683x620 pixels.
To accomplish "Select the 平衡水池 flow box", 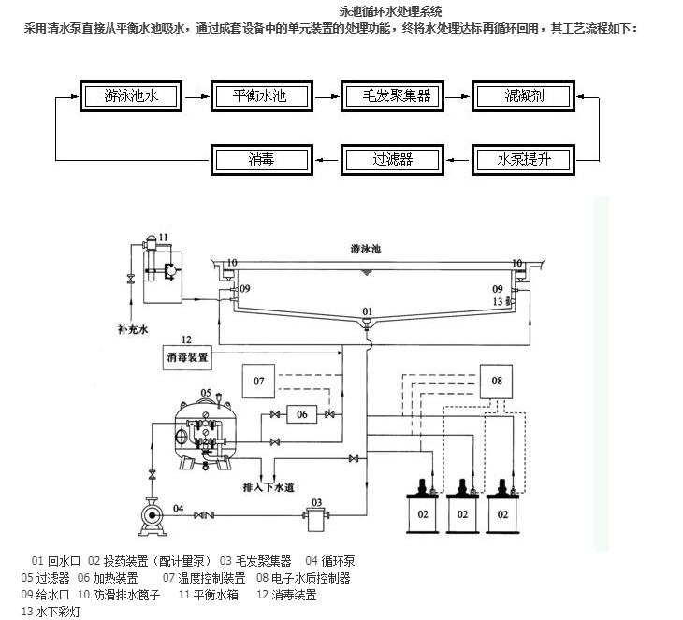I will click(259, 94).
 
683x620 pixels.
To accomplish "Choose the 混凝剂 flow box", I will click(524, 94).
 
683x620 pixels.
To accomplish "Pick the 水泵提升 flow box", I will click(524, 158).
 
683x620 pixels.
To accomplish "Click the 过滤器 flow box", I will click(392, 158).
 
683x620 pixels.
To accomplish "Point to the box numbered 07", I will click(260, 382).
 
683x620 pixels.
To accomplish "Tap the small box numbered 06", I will click(302, 414).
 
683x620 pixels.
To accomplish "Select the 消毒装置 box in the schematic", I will click(188, 357).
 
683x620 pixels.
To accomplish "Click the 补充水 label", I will click(133, 330).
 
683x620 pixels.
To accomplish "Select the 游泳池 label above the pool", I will click(368, 250).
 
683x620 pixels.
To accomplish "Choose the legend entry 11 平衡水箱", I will click(209, 594).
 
